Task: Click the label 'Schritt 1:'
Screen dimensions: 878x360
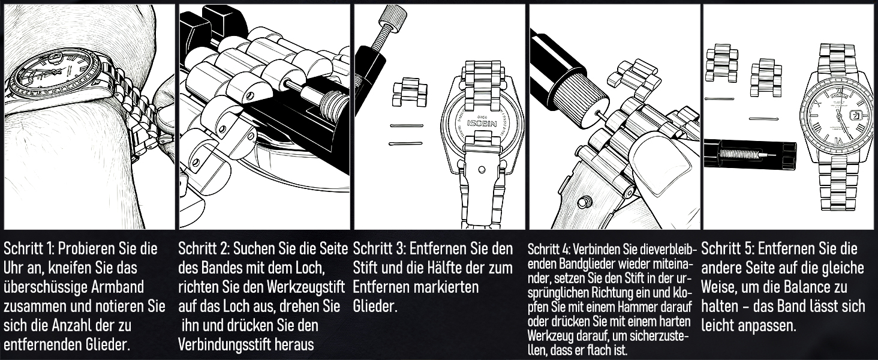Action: (29, 248)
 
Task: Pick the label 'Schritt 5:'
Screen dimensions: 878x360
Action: (727, 248)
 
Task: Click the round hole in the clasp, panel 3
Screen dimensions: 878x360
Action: (482, 170)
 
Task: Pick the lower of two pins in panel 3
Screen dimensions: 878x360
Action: (405, 144)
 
